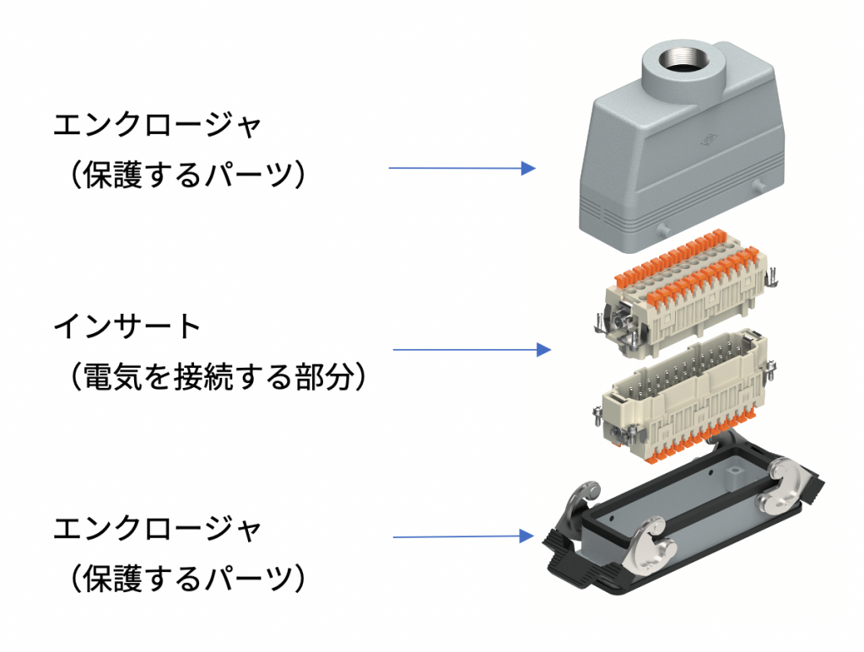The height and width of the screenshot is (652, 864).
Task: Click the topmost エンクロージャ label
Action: click(x=158, y=127)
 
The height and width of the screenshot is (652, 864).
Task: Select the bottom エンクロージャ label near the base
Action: click(x=158, y=531)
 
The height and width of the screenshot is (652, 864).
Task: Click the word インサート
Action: click(x=127, y=327)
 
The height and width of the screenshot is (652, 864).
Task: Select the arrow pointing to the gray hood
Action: click(x=462, y=168)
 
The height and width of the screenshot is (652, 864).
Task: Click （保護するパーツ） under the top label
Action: click(x=185, y=175)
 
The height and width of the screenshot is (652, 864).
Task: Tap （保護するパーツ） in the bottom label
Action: click(x=185, y=579)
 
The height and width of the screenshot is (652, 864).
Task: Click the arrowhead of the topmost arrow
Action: click(x=528, y=168)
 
